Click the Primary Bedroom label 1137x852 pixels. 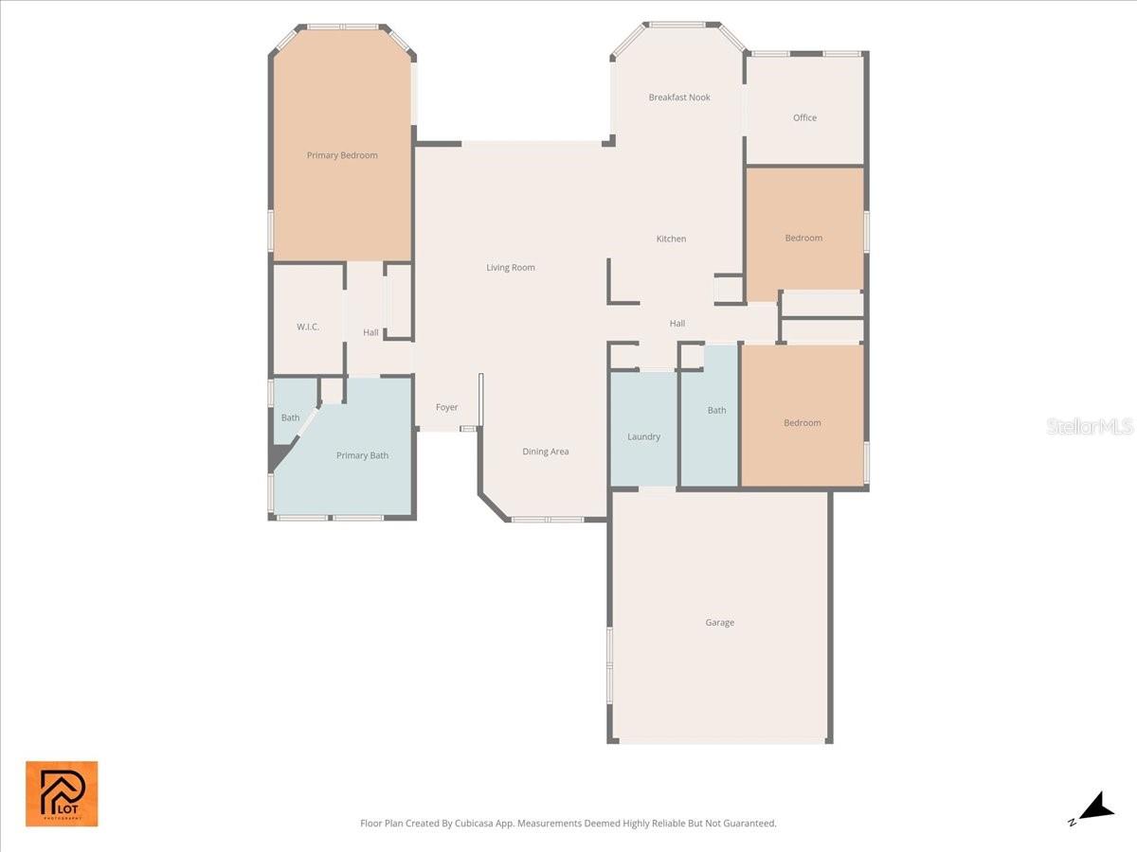[342, 155]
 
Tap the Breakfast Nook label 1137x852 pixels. [679, 98]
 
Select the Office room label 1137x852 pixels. [804, 118]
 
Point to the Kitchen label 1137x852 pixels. [671, 240]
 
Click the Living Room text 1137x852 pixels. [511, 268]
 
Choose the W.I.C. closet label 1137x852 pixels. [308, 327]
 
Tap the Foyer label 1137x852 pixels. [446, 408]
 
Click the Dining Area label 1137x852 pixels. [546, 452]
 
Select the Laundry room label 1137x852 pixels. [643, 437]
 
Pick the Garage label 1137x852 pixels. [719, 623]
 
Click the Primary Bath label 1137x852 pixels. [362, 456]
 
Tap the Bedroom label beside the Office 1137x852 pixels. [803, 239]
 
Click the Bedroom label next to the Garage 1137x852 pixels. [802, 423]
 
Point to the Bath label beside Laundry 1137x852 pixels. [716, 411]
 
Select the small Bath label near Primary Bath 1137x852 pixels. [290, 418]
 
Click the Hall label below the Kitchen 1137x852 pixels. [677, 324]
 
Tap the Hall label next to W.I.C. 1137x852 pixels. [370, 333]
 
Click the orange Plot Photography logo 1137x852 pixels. [62, 793]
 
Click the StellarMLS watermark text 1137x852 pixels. [1090, 427]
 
